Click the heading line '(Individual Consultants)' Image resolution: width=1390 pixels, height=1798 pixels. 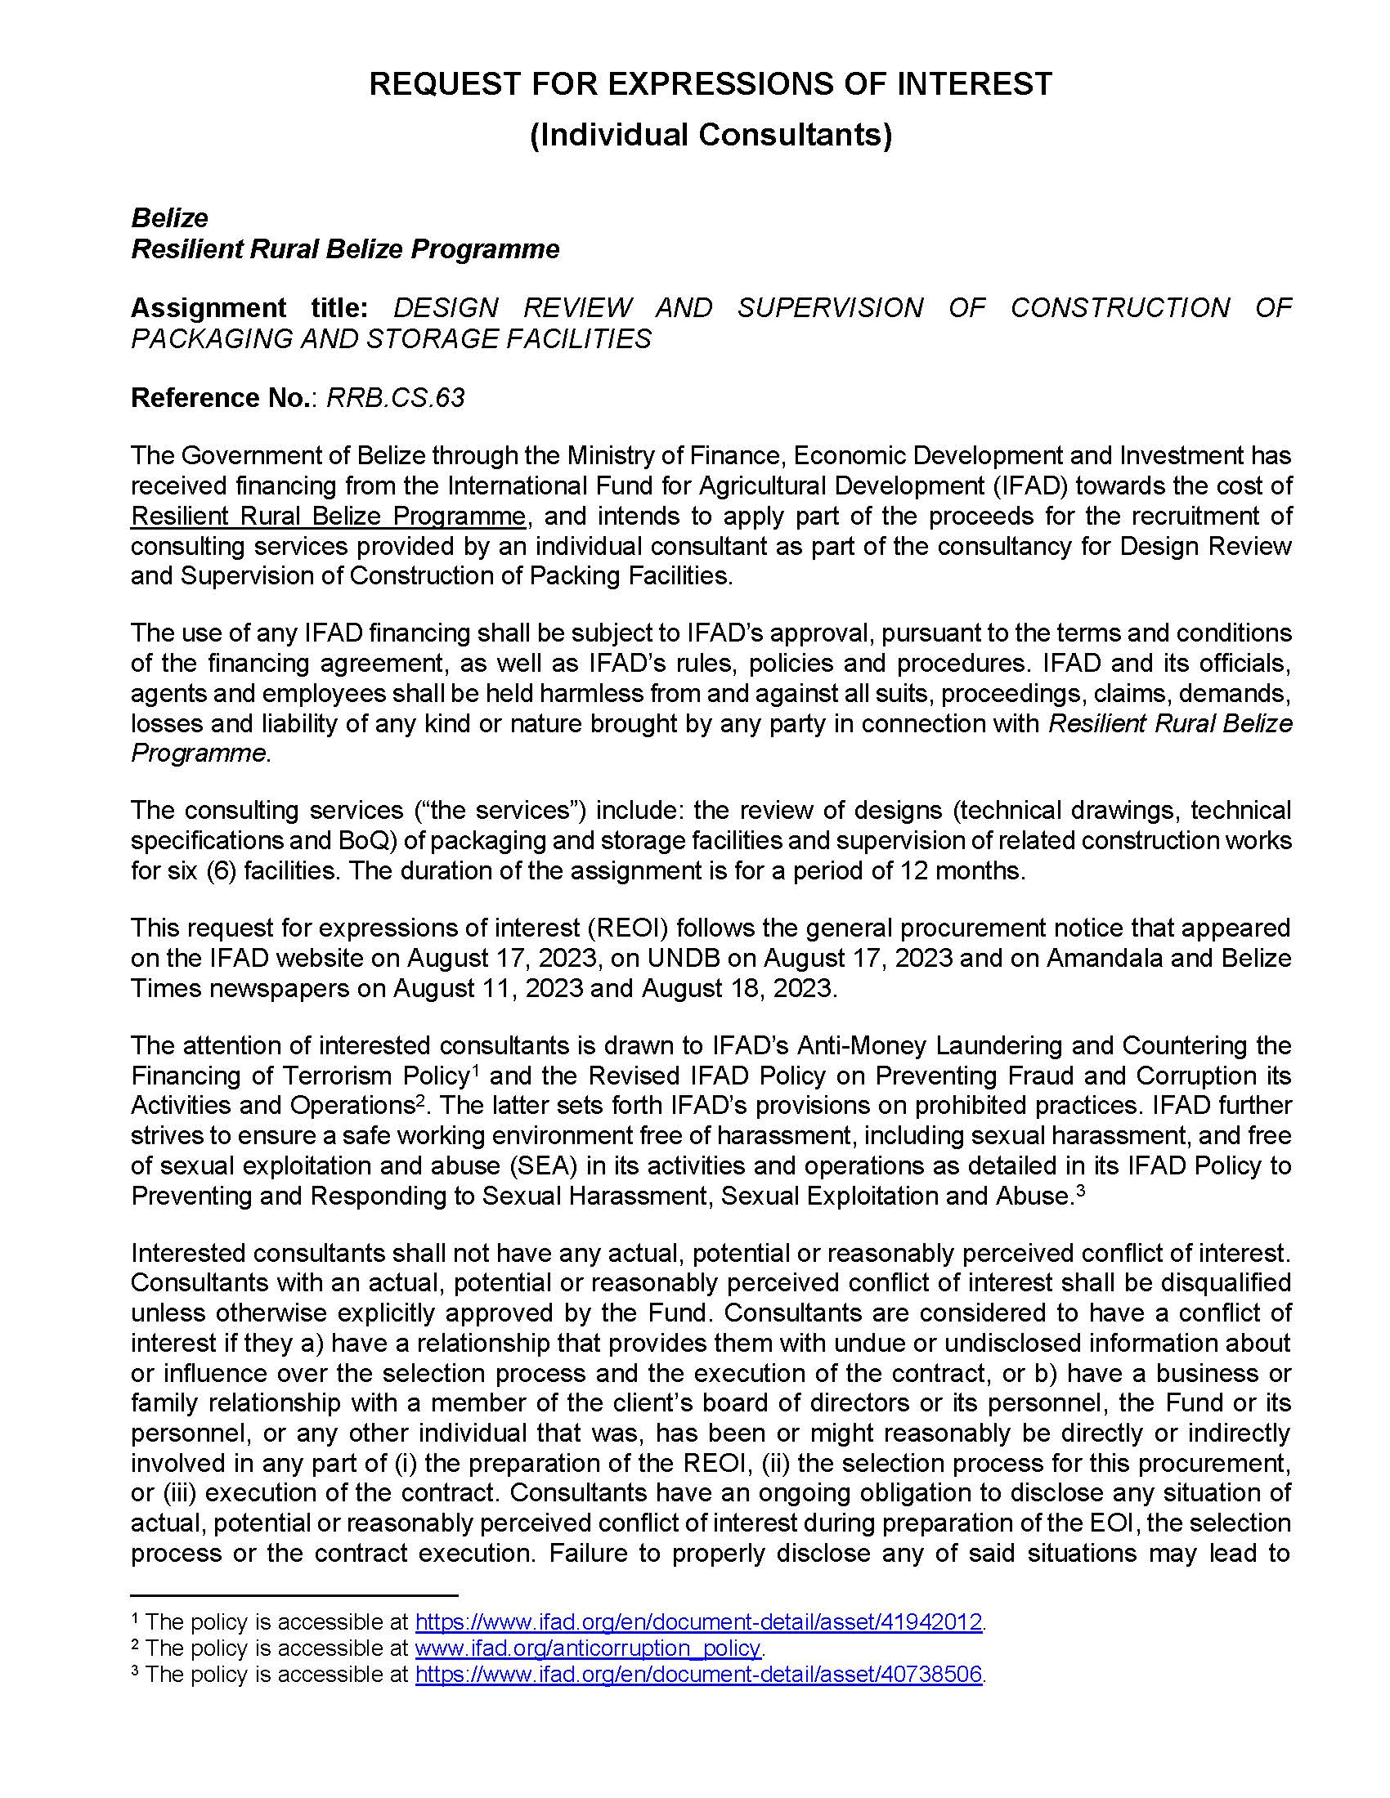pos(710,135)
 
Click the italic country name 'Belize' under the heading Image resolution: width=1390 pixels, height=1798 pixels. pos(169,218)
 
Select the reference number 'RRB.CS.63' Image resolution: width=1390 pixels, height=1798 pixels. pos(395,399)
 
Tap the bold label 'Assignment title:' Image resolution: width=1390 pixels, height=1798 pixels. pos(249,308)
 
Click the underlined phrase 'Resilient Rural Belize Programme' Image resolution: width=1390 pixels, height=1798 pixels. pos(328,517)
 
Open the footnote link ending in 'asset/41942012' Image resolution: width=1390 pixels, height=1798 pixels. pos(698,1621)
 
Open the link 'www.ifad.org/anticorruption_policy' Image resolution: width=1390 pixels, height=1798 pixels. pos(588,1648)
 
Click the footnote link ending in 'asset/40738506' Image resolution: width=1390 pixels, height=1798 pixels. pos(698,1675)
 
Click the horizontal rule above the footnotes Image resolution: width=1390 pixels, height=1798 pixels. pos(294,1594)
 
